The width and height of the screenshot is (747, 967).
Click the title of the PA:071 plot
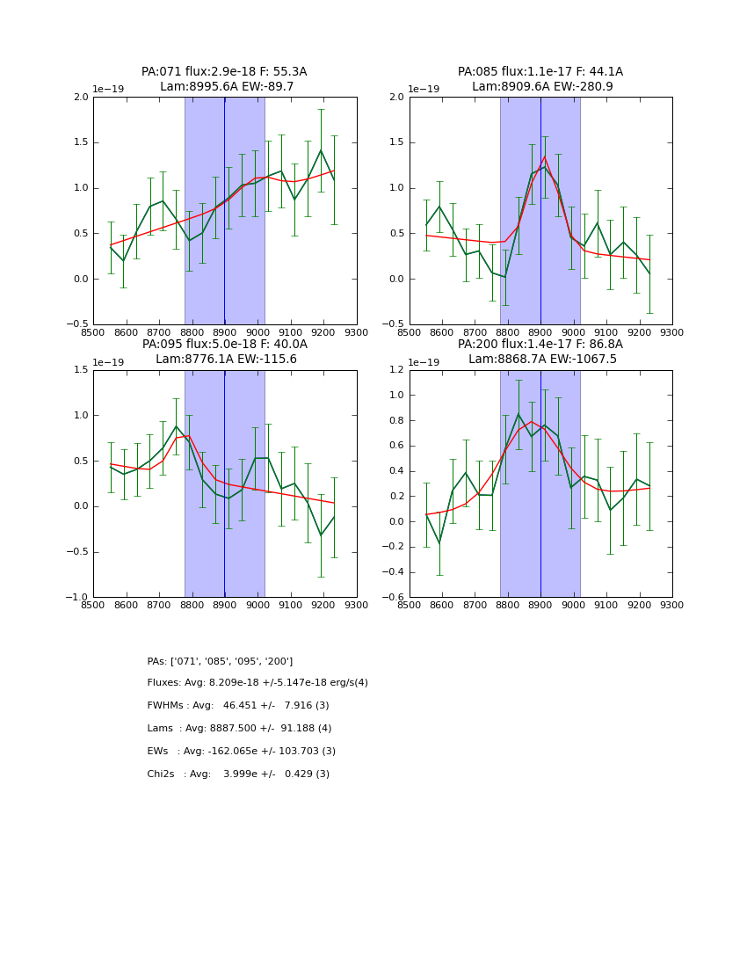tap(224, 72)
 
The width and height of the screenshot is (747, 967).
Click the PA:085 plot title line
tap(540, 72)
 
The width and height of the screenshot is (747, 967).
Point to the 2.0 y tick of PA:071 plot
tap(80, 98)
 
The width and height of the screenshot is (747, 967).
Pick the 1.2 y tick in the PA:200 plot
tap(395, 370)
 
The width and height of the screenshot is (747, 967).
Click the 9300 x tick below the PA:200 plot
tap(671, 606)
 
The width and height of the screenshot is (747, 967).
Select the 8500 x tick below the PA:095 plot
tap(93, 606)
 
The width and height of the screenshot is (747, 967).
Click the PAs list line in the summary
tap(220, 661)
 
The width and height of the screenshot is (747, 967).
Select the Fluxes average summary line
tap(257, 683)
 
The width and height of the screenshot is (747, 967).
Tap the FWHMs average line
tap(238, 706)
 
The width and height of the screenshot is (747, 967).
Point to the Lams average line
tap(239, 729)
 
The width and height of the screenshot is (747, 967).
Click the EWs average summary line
tap(242, 752)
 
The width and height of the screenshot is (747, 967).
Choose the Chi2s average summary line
tap(238, 774)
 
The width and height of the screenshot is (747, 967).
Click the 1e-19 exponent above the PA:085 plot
tap(424, 90)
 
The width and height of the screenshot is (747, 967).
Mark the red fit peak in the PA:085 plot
tap(544, 157)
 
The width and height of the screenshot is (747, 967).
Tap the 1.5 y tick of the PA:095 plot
tap(80, 370)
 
